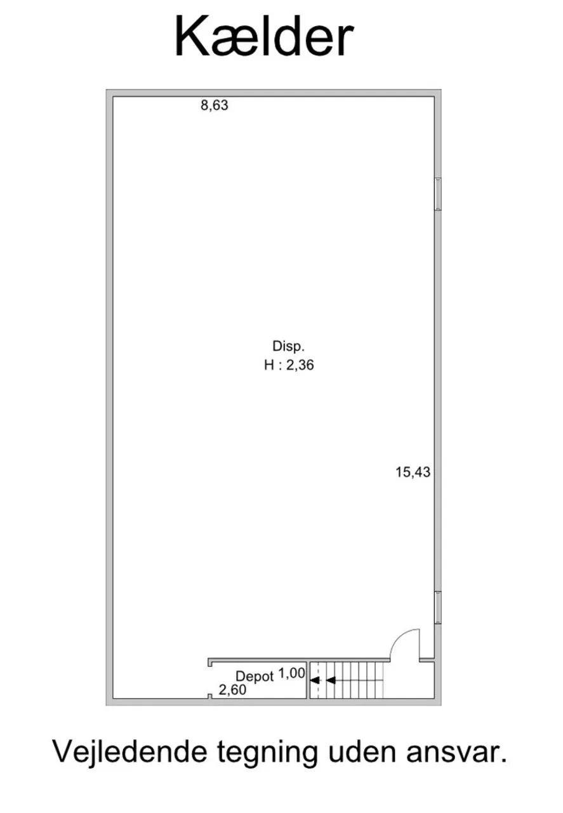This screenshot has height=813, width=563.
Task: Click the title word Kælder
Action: click(x=264, y=37)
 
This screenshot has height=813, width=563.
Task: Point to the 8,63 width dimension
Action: click(x=215, y=105)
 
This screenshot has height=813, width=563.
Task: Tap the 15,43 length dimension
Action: click(x=413, y=472)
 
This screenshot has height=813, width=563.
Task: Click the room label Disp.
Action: click(x=288, y=347)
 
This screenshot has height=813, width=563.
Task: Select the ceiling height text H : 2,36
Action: click(x=289, y=365)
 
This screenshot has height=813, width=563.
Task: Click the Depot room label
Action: click(x=255, y=676)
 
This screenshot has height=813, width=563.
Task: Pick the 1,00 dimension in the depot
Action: click(x=292, y=674)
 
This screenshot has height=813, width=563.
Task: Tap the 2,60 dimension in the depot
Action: click(x=232, y=690)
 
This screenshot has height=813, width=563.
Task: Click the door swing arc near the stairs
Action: click(x=399, y=639)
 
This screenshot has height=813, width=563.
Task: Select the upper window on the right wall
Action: click(x=438, y=194)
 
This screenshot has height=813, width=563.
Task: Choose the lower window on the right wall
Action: click(x=438, y=608)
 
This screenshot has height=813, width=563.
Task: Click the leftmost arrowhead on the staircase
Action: click(x=315, y=680)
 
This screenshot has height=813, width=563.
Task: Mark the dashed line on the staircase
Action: click(x=319, y=680)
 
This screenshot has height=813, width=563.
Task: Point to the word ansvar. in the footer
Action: click(x=456, y=755)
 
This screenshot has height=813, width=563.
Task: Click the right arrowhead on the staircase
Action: click(x=331, y=680)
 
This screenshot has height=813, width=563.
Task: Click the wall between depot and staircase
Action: click(x=308, y=680)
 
